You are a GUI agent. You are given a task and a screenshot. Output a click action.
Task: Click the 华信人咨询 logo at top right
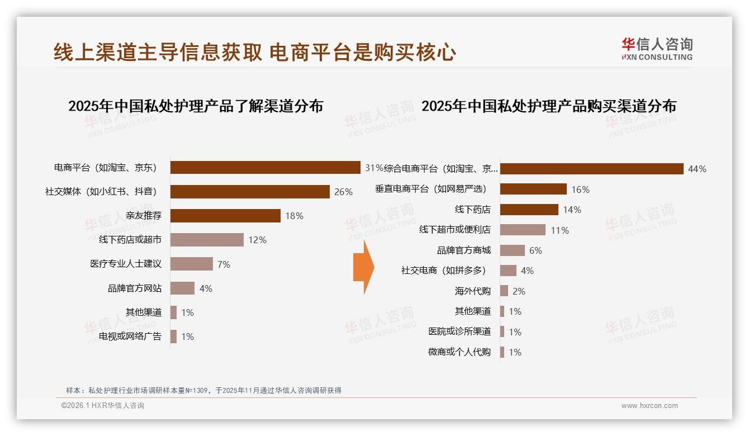657,49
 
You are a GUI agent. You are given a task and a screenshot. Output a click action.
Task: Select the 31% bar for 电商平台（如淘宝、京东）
265,168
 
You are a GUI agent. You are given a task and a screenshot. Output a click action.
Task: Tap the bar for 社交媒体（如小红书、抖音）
250,192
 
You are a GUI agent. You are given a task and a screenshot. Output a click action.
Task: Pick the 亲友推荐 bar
225,216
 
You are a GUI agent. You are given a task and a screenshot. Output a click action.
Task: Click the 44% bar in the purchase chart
591,169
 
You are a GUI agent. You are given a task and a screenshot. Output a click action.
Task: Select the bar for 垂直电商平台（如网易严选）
533,189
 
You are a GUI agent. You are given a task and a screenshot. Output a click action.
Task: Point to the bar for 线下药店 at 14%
529,210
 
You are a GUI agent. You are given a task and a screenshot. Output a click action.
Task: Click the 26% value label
343,192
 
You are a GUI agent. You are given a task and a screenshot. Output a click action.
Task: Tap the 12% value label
257,240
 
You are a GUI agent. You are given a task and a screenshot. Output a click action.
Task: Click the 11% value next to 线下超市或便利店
560,230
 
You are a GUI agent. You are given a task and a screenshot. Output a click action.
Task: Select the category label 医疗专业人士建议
126,264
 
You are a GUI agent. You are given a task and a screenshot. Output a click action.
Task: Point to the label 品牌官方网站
135,288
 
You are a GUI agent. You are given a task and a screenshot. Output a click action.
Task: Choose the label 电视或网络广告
130,337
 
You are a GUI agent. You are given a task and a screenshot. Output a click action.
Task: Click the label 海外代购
472,291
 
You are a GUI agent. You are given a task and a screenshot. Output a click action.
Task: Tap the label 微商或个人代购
459,352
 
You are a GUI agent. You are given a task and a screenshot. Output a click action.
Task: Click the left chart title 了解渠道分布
196,106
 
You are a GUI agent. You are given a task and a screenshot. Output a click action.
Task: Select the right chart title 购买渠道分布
548,106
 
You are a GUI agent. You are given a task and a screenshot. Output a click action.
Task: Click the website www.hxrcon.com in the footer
649,406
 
